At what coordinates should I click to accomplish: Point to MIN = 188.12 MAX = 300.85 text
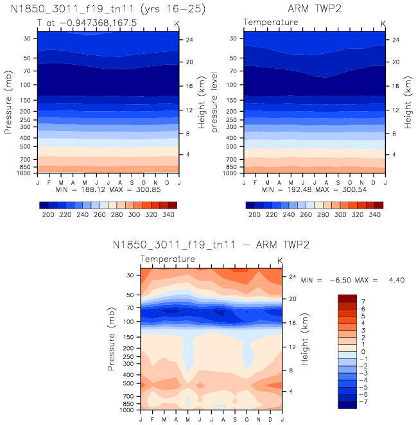(107, 191)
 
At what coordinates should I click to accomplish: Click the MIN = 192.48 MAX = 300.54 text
(314, 191)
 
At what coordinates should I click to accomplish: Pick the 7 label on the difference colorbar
(363, 300)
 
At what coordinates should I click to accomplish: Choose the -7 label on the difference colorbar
(361, 401)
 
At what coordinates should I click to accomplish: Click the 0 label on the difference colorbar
(363, 351)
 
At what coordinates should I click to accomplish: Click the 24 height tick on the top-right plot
(396, 39)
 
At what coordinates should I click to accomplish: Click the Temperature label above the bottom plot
(168, 259)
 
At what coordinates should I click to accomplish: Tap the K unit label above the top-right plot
(383, 23)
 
